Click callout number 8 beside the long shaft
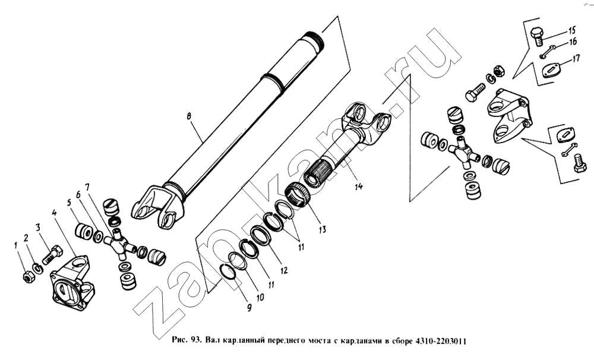[x=189, y=116]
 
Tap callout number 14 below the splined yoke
[x=358, y=186]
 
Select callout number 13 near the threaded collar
[x=322, y=229]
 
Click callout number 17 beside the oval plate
[x=576, y=59]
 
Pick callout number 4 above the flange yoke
[x=54, y=213]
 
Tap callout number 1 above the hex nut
[x=16, y=245]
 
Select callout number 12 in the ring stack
[x=284, y=270]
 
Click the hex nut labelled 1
[x=29, y=278]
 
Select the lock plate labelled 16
[x=548, y=52]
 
